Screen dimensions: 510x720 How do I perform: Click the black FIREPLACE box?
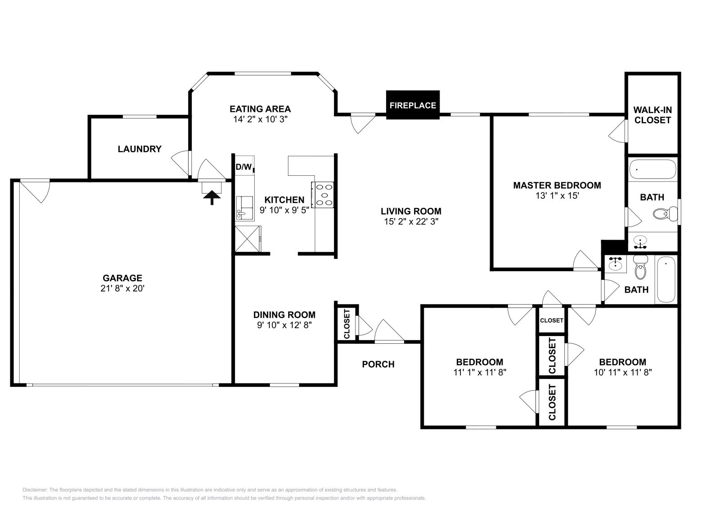(x=413, y=105)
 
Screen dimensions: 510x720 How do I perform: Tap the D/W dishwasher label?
(x=243, y=167)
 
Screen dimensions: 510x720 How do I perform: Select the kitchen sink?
(x=244, y=208)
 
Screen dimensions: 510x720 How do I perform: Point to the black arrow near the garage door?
(x=211, y=197)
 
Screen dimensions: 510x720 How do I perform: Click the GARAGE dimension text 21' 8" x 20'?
(x=122, y=288)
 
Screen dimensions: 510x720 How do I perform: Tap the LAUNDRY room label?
(x=139, y=149)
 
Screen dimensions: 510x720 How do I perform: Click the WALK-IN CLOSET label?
(x=652, y=115)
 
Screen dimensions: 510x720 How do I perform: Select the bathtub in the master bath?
(x=652, y=170)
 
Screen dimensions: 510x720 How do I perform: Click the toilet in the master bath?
(x=665, y=213)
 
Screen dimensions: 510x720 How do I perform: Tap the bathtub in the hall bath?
(x=666, y=279)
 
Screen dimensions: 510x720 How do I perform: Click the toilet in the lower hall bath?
(x=640, y=268)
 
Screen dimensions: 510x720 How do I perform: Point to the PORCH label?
(x=378, y=364)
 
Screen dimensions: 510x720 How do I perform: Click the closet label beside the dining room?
(x=347, y=324)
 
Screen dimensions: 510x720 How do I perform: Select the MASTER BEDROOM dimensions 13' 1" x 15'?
(x=557, y=196)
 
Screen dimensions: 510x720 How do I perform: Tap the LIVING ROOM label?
(x=411, y=211)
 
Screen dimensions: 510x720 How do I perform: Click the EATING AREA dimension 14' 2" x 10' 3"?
(x=260, y=119)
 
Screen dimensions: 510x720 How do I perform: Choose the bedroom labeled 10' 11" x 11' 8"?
(x=622, y=367)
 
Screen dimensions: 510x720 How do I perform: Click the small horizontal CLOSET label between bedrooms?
(x=551, y=320)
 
